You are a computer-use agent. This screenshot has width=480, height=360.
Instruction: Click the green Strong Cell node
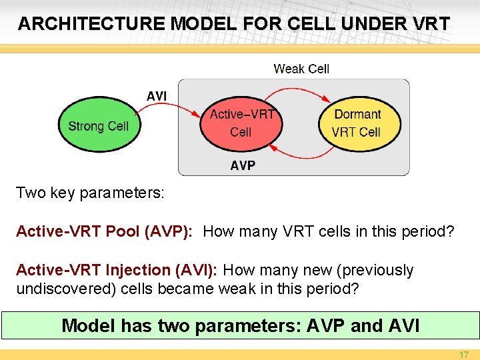pyautogui.click(x=99, y=126)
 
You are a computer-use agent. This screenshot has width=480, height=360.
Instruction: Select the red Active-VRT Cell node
pyautogui.click(x=241, y=123)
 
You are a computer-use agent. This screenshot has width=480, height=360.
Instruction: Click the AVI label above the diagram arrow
pyautogui.click(x=157, y=97)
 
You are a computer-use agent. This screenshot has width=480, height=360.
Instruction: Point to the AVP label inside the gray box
pyautogui.click(x=243, y=165)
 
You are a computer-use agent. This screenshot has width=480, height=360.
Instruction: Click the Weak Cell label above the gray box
pyautogui.click(x=301, y=69)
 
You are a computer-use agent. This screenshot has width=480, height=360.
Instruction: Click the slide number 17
pyautogui.click(x=463, y=355)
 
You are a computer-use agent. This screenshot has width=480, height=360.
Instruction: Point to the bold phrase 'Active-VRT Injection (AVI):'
pyautogui.click(x=117, y=270)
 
